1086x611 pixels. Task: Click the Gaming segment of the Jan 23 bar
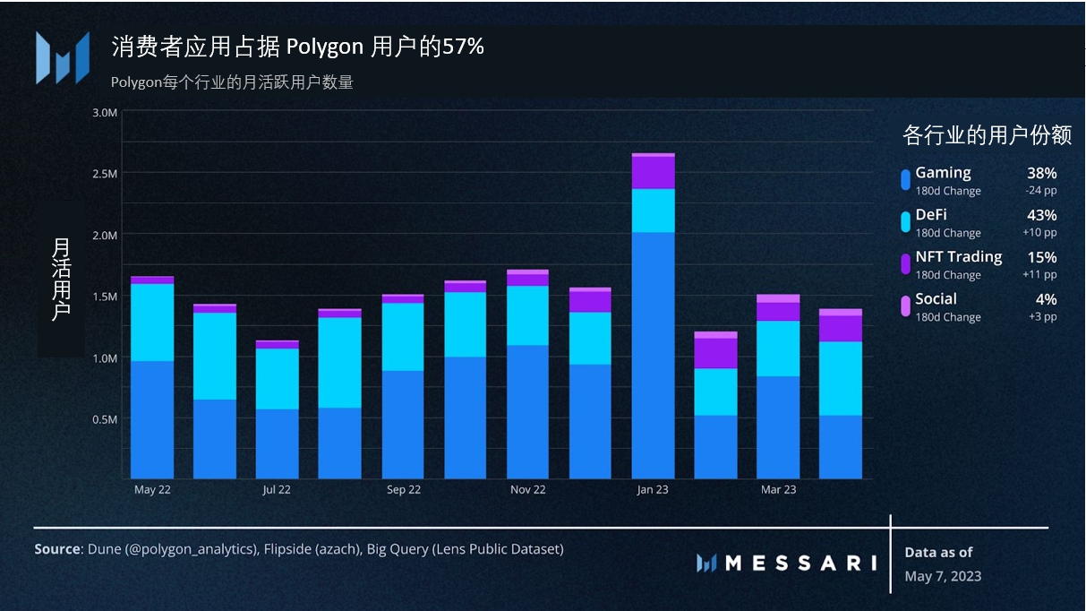coord(653,355)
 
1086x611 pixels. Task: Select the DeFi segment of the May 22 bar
coord(152,323)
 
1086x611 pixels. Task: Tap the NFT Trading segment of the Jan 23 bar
coord(653,171)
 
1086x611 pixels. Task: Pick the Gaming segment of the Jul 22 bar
coord(278,443)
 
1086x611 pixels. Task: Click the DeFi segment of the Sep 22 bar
coord(403,337)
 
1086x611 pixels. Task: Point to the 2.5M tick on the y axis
coord(106,173)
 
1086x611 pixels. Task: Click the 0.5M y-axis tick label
coord(106,419)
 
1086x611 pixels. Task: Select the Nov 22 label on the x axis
coord(527,490)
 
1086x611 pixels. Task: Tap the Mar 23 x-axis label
coord(778,490)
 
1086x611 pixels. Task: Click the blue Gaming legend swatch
coord(905,179)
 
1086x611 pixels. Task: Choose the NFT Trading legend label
coord(958,257)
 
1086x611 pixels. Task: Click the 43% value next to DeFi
coord(1041,215)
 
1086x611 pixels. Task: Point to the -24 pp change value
coord(1040,191)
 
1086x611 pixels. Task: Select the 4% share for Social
coord(1046,299)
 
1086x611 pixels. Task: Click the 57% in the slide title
coord(463,47)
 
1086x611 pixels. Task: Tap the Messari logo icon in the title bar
coord(62,57)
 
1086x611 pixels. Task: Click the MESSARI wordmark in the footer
coord(800,563)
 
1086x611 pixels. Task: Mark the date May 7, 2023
coord(943,576)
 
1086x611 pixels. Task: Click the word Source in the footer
coord(57,549)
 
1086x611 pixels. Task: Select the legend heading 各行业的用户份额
coord(987,135)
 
